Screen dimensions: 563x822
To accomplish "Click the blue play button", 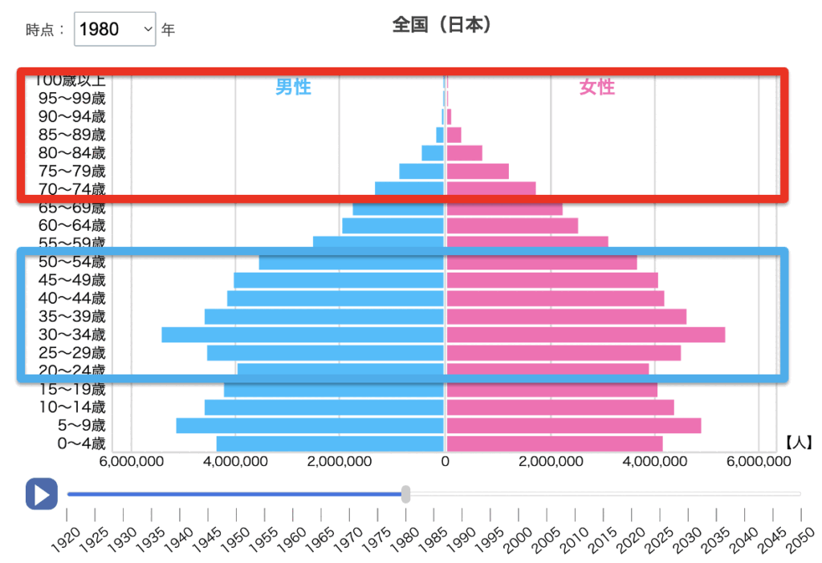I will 42,494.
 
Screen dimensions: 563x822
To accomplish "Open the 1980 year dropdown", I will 114,30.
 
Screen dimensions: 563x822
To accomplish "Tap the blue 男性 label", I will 293,87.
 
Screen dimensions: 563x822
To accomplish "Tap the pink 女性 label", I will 596,87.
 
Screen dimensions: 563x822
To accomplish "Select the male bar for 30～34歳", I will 303,334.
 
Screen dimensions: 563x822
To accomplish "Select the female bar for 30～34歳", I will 585,334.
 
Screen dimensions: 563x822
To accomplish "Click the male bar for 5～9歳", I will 310,425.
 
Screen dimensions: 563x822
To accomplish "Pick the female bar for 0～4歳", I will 554,444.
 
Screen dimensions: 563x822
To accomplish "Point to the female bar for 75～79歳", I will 478,171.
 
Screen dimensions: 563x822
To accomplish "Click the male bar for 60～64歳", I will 393,225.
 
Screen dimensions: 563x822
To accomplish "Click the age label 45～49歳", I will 72,280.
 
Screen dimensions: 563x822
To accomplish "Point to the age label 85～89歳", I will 72,135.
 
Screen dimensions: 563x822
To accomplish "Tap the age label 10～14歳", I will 72,407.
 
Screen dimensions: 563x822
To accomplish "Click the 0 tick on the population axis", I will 445,462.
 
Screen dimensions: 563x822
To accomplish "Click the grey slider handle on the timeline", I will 406,494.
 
